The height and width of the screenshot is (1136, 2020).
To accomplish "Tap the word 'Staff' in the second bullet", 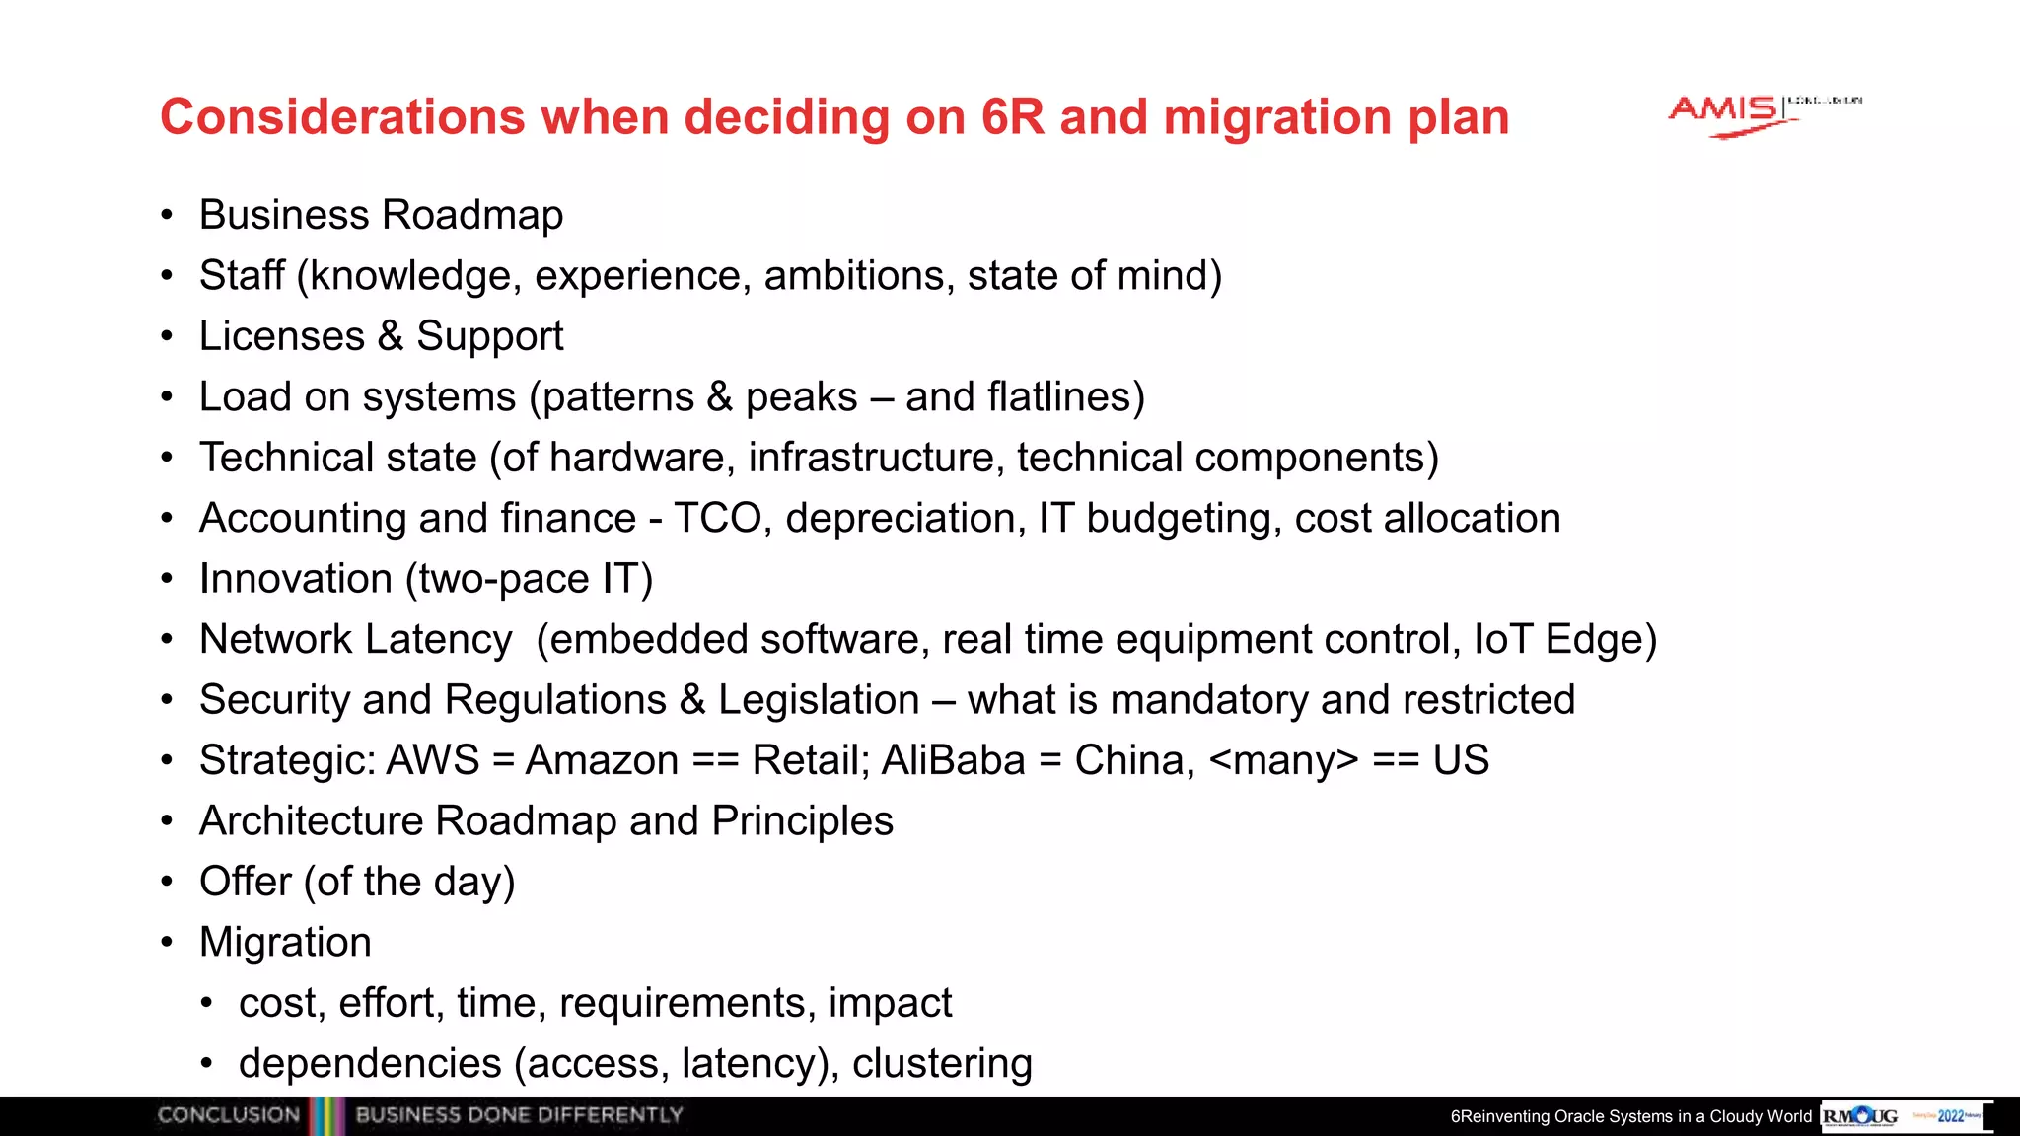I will pos(242,276).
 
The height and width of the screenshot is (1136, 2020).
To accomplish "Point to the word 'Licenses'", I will pos(282,336).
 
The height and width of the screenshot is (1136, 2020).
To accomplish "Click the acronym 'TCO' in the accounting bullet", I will pos(717,519).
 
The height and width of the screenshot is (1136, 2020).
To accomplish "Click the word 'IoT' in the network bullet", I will pos(1502,639).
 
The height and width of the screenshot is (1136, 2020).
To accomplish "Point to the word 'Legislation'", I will pos(819,700).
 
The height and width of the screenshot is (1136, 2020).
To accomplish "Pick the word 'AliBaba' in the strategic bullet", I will pos(953,760).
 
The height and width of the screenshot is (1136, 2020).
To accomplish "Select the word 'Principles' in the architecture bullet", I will pos(802,821).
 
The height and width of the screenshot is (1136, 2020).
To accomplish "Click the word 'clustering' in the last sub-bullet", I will pos(942,1064).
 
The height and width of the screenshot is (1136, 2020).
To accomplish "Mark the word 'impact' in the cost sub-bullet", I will pos(890,1003).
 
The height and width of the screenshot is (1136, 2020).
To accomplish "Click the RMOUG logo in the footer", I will pos(1860,1116).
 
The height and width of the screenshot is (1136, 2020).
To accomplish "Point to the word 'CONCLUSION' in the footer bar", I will pos(229,1115).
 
